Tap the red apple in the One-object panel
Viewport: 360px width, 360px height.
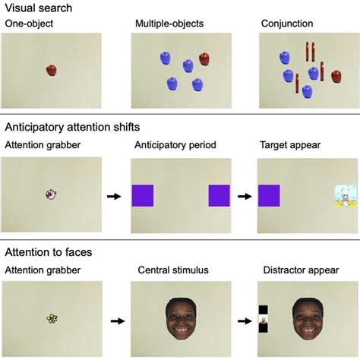pyautogui.click(x=51, y=70)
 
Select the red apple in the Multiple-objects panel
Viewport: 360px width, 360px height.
pyautogui.click(x=204, y=58)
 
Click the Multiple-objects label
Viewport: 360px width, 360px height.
pyautogui.click(x=169, y=24)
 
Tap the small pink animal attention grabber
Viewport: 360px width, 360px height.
pyautogui.click(x=51, y=194)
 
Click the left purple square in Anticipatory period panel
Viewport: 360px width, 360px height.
pyautogui.click(x=143, y=195)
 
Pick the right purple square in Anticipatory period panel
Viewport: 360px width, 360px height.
pyautogui.click(x=219, y=195)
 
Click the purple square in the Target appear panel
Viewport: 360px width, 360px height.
pyautogui.click(x=269, y=195)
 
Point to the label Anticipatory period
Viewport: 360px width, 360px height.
pyautogui.click(x=172, y=144)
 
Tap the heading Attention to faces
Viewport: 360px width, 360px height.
pyautogui.click(x=51, y=252)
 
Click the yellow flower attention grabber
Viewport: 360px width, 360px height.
pyautogui.click(x=51, y=320)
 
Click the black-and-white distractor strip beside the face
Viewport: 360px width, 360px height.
pyautogui.click(x=263, y=319)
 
